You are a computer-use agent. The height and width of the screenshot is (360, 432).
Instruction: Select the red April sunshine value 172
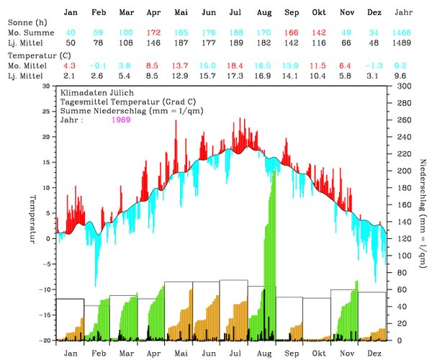153,33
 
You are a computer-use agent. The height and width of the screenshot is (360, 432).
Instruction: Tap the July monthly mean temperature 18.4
235,66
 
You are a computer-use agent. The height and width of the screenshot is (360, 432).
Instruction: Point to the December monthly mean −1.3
373,66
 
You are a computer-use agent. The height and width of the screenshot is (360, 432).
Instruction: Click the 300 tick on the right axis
400,86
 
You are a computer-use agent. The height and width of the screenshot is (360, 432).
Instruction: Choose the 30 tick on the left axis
47,86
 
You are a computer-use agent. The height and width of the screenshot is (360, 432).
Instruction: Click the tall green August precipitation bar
271,252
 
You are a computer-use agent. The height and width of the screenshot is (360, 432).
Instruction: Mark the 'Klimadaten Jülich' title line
94,94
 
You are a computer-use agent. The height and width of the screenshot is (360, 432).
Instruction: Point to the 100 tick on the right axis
400,255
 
